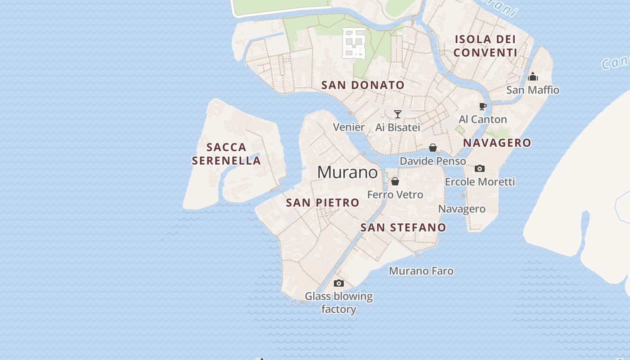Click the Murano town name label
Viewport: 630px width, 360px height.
347,172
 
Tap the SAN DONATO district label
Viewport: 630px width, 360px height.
363,85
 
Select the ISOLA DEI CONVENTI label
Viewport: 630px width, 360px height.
485,46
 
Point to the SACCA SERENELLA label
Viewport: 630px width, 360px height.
226,154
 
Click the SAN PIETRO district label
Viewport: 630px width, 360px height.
323,203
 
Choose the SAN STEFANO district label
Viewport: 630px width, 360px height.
403,228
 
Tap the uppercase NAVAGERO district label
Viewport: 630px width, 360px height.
497,143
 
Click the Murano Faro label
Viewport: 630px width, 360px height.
421,271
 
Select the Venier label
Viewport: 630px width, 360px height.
349,127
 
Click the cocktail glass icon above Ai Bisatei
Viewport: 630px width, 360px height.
397,114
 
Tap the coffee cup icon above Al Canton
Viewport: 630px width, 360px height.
482,107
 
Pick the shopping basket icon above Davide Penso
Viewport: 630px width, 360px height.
432,148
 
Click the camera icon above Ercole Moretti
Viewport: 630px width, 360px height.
479,168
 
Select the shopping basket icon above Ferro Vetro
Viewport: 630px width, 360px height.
395,181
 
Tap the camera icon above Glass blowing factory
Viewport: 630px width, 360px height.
339,283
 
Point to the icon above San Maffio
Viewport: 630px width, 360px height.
533,76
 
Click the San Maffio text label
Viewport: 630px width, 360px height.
533,90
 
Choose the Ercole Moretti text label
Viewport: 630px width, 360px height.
480,182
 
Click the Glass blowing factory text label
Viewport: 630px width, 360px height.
339,303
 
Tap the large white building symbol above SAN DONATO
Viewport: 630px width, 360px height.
354,43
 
